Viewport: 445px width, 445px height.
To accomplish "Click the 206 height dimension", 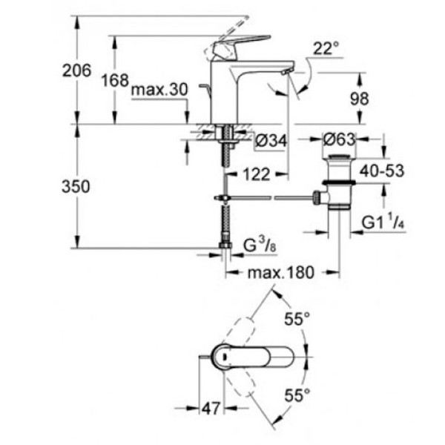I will [77, 70].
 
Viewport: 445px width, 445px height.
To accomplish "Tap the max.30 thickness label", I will [157, 90].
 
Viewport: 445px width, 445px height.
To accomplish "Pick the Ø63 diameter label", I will [338, 139].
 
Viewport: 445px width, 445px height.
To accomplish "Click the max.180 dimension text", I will [280, 273].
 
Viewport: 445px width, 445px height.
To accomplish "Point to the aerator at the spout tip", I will [285, 71].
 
